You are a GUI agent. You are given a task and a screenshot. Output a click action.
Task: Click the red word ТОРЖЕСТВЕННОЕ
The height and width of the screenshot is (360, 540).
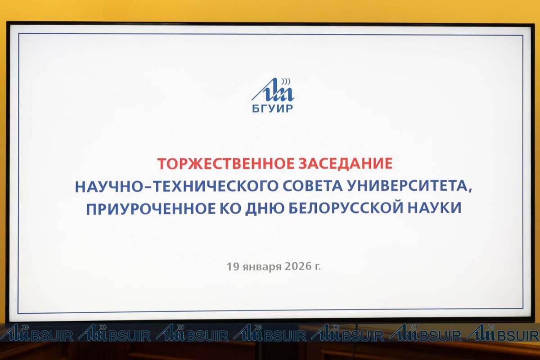click(x=226, y=163)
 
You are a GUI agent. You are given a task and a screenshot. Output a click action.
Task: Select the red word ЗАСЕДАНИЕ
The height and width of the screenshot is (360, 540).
click(x=345, y=163)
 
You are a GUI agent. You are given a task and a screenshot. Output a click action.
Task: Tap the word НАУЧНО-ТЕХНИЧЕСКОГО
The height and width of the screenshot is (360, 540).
click(x=176, y=186)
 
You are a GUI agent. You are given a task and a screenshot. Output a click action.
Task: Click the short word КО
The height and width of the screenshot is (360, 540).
click(x=230, y=208)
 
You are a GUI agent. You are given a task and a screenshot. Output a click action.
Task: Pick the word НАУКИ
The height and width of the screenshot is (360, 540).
click(x=434, y=208)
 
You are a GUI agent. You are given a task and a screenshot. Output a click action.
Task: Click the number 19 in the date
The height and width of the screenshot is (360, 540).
click(x=233, y=267)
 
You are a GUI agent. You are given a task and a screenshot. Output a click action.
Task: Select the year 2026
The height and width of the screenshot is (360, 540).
click(x=298, y=267)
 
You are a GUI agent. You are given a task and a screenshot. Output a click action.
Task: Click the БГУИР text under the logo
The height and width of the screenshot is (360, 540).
click(x=273, y=109)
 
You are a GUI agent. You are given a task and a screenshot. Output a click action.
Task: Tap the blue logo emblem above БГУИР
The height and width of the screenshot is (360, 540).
click(x=273, y=90)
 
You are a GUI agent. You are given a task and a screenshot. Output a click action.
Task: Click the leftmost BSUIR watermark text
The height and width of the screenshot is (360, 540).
click(x=52, y=336)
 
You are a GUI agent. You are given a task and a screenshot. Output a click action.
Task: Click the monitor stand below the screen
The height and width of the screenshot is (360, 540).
click(x=259, y=351)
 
